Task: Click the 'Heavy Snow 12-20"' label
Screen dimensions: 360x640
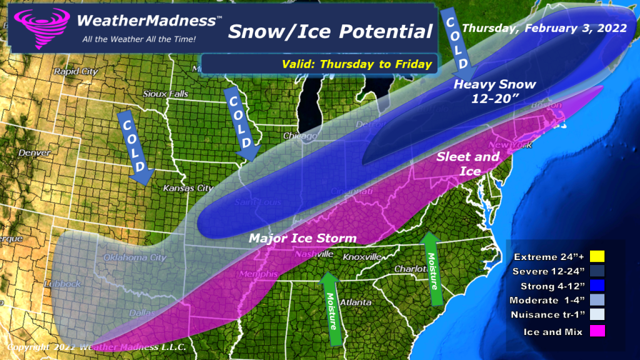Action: click(x=494, y=91)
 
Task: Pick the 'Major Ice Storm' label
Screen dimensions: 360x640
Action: click(x=302, y=238)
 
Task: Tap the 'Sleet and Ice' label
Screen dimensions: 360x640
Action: click(x=468, y=164)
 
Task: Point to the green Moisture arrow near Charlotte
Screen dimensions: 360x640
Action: click(x=431, y=263)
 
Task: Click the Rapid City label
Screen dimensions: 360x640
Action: click(x=72, y=71)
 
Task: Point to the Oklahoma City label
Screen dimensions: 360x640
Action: click(x=119, y=257)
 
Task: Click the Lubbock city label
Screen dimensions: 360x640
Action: click(x=62, y=284)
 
